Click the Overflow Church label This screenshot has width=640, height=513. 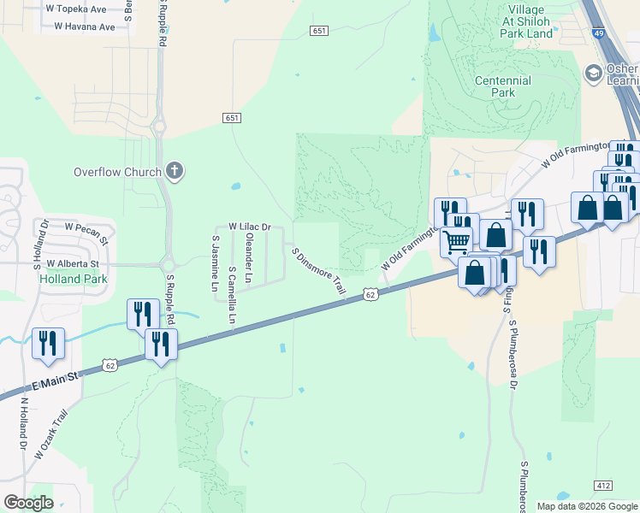pos(117,172)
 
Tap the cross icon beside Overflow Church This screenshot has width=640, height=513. pos(175,172)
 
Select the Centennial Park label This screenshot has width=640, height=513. pos(503,86)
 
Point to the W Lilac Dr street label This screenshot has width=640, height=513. pos(249,227)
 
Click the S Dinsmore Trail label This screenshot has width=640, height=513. pos(318,273)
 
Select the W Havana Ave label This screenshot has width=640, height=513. pos(84,27)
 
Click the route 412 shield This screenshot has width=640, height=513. pos(604,486)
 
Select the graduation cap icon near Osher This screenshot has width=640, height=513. pos(592,74)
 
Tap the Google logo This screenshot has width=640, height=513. pos(28,503)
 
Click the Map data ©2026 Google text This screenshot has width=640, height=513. pos(587,506)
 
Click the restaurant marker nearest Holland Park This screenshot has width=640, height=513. pos(48,342)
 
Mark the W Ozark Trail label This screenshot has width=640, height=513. pos(50,435)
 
